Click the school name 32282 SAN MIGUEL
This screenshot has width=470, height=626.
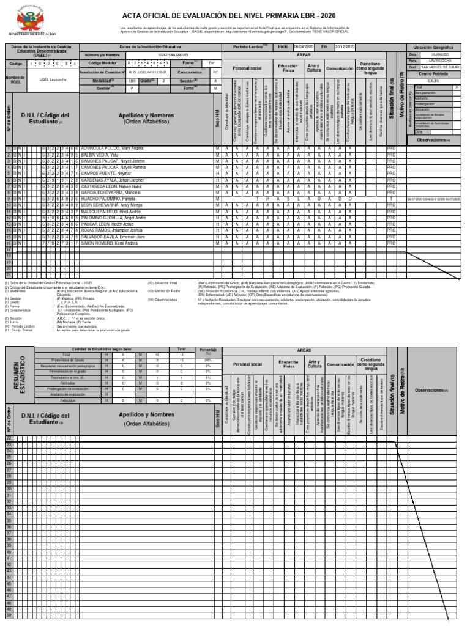(x=162, y=54)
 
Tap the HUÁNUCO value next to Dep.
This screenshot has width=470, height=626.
(x=439, y=54)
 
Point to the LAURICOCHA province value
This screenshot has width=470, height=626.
(x=439, y=61)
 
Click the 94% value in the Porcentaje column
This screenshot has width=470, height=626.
(x=207, y=361)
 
